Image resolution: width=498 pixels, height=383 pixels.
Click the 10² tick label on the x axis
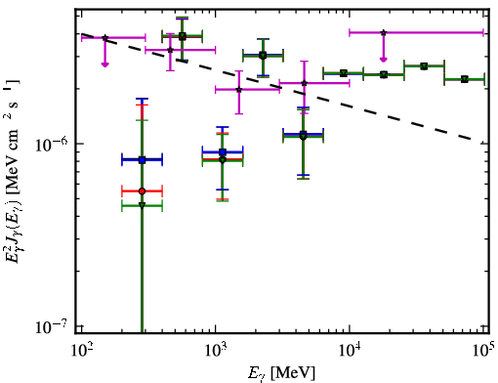82,352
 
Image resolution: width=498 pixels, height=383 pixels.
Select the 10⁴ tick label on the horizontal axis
351,352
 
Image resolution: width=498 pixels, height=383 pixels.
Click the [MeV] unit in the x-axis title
293,372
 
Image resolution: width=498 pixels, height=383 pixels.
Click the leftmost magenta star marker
104,38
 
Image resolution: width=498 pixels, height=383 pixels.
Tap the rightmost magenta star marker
384,32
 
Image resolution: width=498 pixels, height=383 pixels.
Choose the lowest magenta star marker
239,89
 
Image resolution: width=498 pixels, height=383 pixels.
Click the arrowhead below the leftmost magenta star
104,64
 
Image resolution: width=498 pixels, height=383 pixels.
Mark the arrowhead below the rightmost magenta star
384,59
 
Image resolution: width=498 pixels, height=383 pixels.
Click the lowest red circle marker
142,191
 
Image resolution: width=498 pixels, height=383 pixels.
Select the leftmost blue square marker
142,160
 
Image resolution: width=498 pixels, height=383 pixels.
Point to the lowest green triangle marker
142,205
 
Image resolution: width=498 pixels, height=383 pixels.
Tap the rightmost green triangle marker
465,79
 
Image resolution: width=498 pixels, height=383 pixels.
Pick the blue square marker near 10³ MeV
223,151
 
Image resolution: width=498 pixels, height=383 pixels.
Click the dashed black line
276,86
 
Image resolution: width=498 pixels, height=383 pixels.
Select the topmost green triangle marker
183,35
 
